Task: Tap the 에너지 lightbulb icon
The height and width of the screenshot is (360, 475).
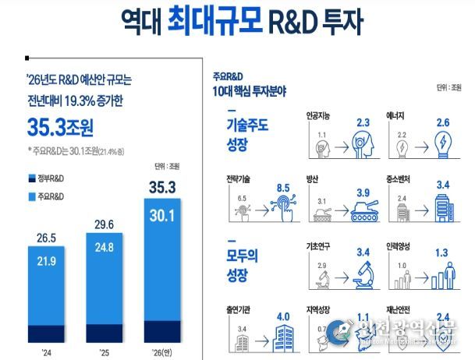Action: pos(441,146)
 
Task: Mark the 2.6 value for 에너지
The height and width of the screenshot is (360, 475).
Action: pos(443,123)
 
